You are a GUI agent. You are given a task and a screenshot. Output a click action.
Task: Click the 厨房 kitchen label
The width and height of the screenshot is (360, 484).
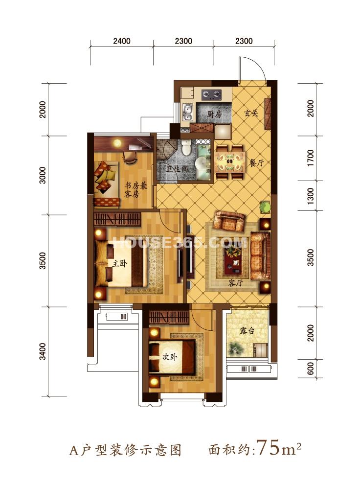coord(214,114)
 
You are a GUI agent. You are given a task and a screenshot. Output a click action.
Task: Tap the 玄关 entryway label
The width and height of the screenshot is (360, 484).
coord(251,113)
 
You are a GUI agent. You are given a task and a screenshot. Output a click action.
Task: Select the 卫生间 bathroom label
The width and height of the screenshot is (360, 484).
coord(177,169)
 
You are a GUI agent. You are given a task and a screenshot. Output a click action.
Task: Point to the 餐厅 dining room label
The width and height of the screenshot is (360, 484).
coord(256,162)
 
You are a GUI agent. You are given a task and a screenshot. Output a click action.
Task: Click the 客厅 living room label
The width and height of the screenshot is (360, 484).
coord(235,283)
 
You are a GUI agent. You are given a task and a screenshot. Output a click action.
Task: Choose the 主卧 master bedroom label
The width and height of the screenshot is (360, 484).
coord(119,263)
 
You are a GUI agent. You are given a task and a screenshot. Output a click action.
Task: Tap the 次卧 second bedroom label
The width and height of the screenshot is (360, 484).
coord(170,357)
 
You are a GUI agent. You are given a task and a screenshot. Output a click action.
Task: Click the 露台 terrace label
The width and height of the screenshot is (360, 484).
coord(247,331)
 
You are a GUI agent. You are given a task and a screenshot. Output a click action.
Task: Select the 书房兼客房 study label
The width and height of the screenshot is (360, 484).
coord(135,190)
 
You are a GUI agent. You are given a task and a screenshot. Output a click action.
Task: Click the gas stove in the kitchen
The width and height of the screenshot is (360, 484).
coord(212,94)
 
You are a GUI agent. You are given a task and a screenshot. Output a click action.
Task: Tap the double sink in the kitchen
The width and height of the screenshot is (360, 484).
coord(187,113)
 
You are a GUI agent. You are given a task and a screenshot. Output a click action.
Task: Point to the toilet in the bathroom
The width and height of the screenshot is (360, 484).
coord(186,148)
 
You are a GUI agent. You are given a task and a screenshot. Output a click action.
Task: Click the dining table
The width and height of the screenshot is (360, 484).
coord(230,162)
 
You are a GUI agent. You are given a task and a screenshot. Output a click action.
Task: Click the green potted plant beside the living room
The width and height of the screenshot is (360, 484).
coord(265,207)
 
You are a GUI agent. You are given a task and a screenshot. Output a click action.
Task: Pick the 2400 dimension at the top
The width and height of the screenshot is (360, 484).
coord(122,41)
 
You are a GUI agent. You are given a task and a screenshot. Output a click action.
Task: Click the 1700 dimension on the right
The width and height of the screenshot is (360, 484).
coord(311,158)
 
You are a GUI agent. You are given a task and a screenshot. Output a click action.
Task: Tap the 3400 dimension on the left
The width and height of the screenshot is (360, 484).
coord(43,351)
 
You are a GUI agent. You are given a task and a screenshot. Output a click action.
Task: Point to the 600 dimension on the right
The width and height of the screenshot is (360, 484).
coord(311,369)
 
